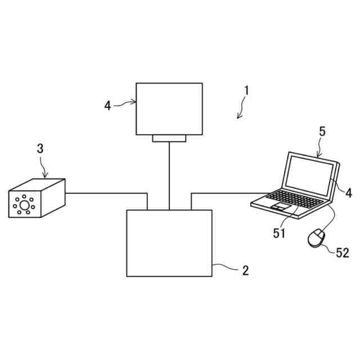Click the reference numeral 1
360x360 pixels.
pyautogui.click(x=246, y=90)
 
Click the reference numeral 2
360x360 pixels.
pyautogui.click(x=245, y=271)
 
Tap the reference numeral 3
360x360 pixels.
pyautogui.click(x=40, y=149)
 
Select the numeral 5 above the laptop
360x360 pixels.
pyautogui.click(x=322, y=132)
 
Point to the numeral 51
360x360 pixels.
pyautogui.click(x=280, y=233)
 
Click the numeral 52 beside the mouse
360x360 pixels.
pyautogui.click(x=342, y=253)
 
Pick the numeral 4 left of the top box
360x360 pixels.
pyautogui.click(x=107, y=105)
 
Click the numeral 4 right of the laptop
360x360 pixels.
pyautogui.click(x=348, y=193)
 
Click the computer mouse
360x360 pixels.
pyautogui.click(x=316, y=238)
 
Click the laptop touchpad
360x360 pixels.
pyautogui.click(x=280, y=208)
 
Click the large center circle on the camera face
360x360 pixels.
pyautogui.click(x=24, y=204)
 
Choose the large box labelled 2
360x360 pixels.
pyautogui.click(x=169, y=243)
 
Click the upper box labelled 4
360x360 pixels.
pyautogui.click(x=169, y=109)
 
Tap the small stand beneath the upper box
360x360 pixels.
pyautogui.click(x=169, y=138)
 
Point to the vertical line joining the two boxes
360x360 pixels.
pyautogui.click(x=169, y=174)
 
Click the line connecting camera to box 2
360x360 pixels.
pyautogui.click(x=107, y=193)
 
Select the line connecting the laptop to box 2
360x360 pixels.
pyautogui.click(x=225, y=193)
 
